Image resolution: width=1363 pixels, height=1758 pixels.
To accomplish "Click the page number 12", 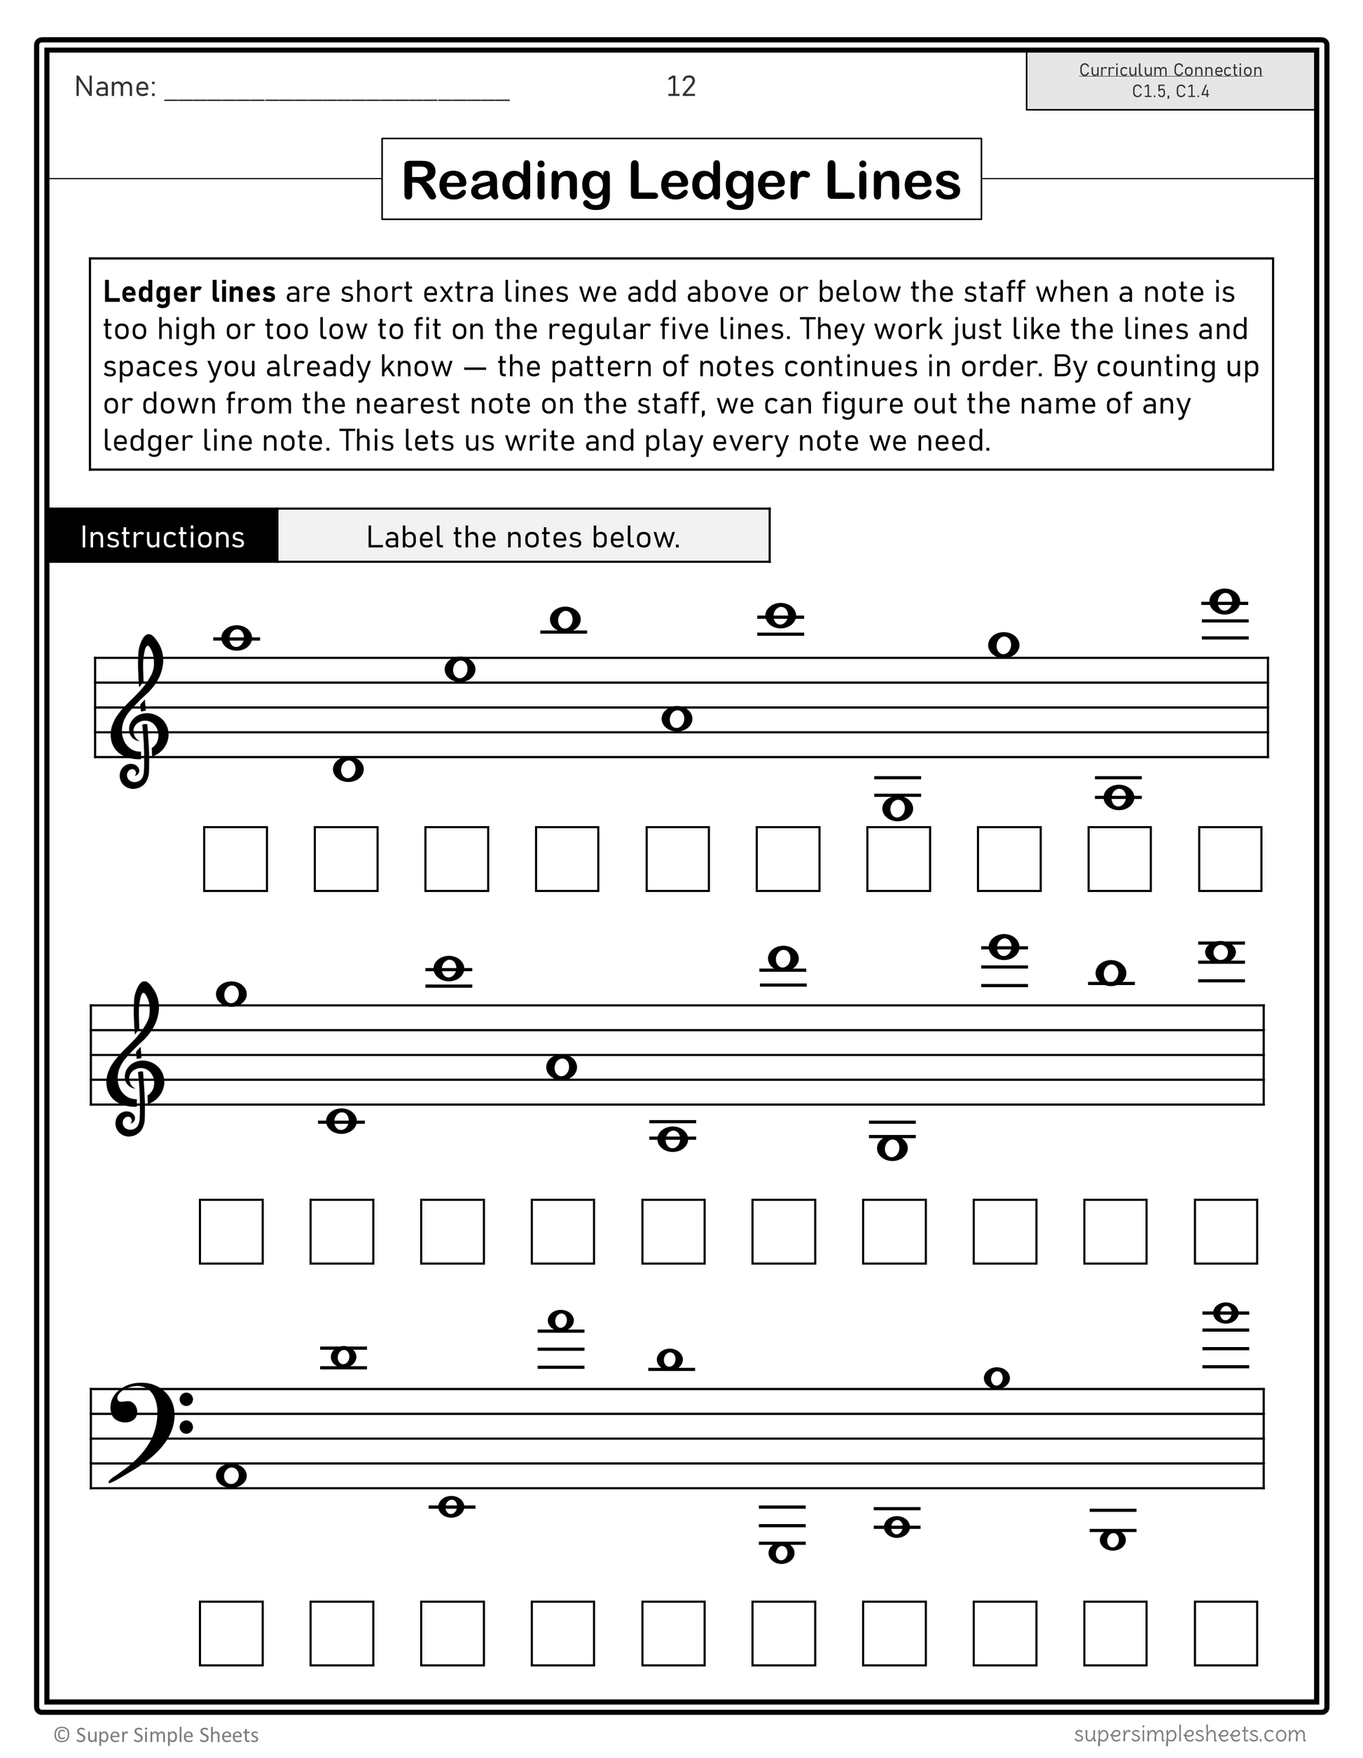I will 680,86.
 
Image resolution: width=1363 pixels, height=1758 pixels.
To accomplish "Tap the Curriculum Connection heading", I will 1170,70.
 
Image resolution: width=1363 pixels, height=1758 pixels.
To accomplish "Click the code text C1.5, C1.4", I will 1170,91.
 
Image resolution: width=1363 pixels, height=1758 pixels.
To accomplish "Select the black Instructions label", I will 162,537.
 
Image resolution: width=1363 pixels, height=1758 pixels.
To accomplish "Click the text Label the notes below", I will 523,537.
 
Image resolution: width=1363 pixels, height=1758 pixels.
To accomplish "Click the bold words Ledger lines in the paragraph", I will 189,292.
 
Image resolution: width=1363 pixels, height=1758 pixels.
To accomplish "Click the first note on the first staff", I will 236,639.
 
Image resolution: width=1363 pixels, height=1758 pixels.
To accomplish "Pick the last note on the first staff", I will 1224,601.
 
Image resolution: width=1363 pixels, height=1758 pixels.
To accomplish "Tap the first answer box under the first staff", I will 235,859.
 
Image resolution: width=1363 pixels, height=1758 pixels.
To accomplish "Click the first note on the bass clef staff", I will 231,1475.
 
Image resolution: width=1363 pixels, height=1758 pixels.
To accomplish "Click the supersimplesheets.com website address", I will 1189,1733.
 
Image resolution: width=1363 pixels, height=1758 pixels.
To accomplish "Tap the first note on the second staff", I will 231,994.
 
